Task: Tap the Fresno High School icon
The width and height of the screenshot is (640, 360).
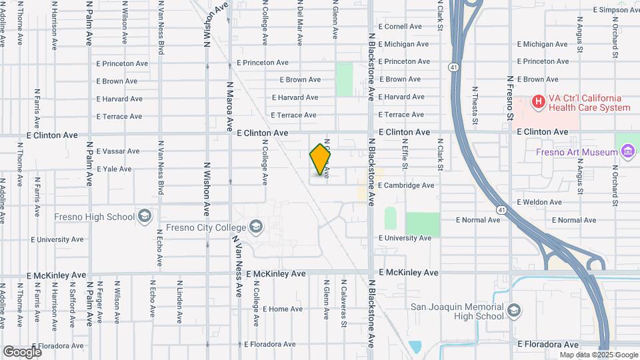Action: (x=145, y=216)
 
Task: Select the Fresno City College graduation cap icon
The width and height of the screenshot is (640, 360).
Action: (x=255, y=227)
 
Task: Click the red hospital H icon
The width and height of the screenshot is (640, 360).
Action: (x=538, y=102)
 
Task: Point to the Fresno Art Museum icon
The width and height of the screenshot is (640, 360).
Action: (x=627, y=152)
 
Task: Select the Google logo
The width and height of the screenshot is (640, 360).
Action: (x=22, y=351)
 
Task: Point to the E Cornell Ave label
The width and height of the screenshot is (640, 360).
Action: (x=400, y=27)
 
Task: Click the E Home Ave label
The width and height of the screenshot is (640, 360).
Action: (x=283, y=309)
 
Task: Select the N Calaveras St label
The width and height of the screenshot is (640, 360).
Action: (x=345, y=304)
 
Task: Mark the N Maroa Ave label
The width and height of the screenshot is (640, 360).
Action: (x=229, y=106)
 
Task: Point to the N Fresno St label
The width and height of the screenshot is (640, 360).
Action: (x=510, y=98)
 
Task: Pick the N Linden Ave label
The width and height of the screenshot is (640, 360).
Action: (x=179, y=301)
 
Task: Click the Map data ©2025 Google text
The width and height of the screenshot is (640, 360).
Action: (x=598, y=355)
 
